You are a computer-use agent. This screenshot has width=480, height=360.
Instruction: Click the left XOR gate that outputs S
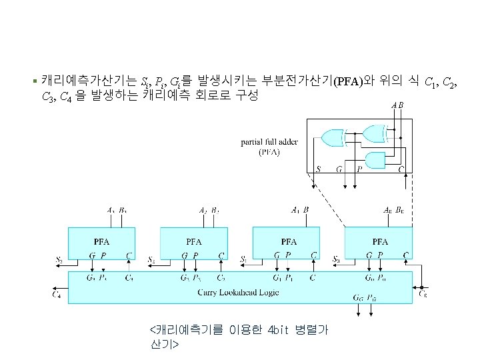pos(333,137)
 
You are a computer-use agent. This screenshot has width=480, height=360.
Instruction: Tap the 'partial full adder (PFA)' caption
pos(269,147)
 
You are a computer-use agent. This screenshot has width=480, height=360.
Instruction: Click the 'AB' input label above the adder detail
pos(397,105)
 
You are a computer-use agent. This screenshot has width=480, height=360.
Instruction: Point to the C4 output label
pos(57,293)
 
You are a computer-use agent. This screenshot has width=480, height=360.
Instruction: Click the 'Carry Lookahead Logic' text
pos(239,292)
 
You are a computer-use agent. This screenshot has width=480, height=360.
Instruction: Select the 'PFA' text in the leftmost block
pos(101,241)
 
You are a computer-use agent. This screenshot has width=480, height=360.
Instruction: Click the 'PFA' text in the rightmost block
pos(379,241)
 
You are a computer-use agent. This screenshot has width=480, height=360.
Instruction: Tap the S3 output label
pos(60,258)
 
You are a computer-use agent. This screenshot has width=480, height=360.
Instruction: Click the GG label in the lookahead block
pos(358,297)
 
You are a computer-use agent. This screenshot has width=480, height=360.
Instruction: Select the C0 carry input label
pos(423,293)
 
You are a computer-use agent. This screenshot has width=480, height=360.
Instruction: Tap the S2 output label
pos(152,258)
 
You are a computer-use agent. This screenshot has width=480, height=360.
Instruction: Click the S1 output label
pos(244,258)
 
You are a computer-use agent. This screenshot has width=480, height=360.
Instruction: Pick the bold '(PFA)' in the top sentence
pos(348,82)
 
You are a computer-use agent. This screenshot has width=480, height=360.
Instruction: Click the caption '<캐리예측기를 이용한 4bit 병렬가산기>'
pos(239,337)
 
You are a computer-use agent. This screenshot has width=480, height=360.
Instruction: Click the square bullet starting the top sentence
pos(35,83)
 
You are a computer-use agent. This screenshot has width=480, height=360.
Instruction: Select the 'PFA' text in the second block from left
pos(194,241)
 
